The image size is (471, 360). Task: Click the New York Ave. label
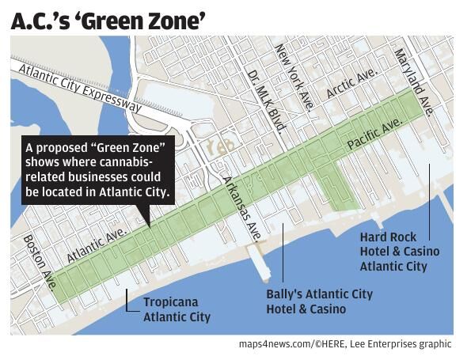tap(294, 78)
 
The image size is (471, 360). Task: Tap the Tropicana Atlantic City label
tap(177, 309)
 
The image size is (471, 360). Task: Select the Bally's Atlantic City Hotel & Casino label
tap(318, 301)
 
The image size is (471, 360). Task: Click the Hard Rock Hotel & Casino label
tap(399, 252)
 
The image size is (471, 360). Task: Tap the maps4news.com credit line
tap(344, 344)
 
